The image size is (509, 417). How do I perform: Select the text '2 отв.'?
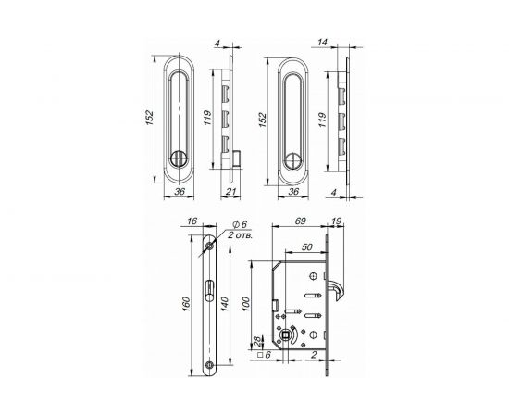click(246, 236)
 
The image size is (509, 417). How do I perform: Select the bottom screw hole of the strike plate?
click(211, 366)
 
